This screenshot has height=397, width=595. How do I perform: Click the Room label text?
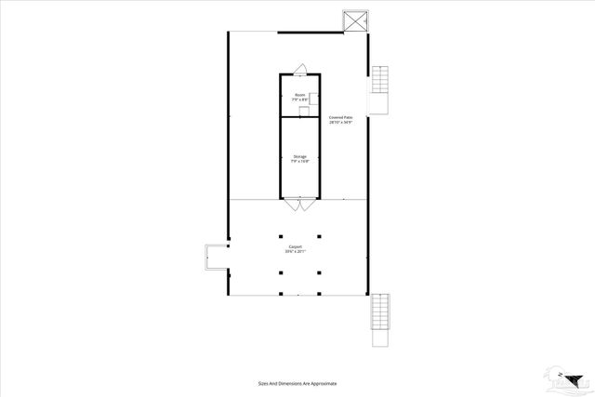(x=299, y=95)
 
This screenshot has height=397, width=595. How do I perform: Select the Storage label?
(x=299, y=156)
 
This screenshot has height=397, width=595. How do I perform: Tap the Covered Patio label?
(x=341, y=116)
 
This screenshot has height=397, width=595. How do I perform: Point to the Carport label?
(x=295, y=246)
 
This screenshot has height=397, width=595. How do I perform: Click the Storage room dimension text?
(x=299, y=162)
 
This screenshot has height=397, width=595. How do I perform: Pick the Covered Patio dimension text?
(x=341, y=122)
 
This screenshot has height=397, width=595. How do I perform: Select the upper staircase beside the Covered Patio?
(x=380, y=89)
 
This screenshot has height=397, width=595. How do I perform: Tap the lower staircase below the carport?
(x=380, y=322)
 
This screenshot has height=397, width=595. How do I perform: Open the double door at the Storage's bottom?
(x=299, y=204)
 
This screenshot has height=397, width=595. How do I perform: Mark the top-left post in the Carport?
(x=282, y=233)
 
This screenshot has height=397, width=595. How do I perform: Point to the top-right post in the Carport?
(x=318, y=233)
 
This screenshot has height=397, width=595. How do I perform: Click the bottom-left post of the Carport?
(x=282, y=272)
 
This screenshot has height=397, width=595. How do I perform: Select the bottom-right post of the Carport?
(x=318, y=272)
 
